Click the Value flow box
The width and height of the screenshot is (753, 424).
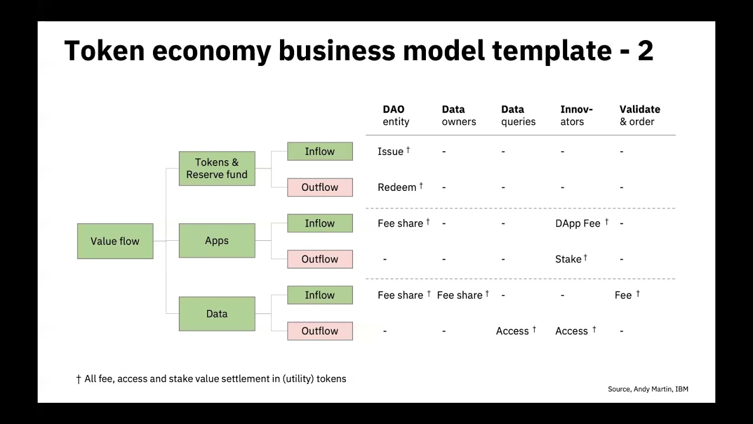click(x=115, y=241)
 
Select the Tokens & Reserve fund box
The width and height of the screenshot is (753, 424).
click(x=216, y=168)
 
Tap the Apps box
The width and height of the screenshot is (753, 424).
click(x=216, y=240)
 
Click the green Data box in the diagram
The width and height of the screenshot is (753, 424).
click(x=216, y=314)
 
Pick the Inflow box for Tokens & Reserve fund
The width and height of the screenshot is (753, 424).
click(x=319, y=151)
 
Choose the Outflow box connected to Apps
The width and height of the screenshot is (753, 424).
click(x=319, y=259)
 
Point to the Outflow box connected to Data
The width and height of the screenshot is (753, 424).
click(x=319, y=331)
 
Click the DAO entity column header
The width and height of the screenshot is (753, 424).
click(x=395, y=115)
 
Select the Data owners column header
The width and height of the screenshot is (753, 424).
click(x=459, y=115)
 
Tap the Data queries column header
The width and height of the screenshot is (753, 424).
click(x=518, y=115)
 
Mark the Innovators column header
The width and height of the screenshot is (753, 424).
click(x=576, y=115)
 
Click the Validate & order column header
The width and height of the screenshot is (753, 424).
click(x=639, y=115)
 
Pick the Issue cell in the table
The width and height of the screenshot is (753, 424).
click(x=391, y=151)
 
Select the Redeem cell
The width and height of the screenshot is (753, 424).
click(x=397, y=187)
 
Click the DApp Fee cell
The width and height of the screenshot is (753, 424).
click(x=578, y=223)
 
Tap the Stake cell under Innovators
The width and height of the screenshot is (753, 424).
click(x=568, y=259)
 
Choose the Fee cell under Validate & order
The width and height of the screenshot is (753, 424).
click(x=623, y=295)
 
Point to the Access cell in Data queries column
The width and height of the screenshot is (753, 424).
click(x=512, y=331)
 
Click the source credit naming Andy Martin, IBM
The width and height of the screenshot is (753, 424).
click(x=648, y=389)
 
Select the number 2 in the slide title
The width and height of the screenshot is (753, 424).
click(x=645, y=51)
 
